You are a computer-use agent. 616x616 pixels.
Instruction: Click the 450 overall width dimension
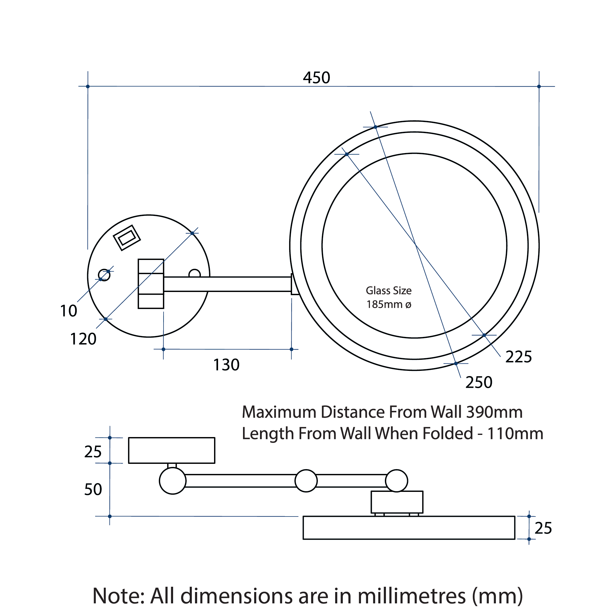coord(316,78)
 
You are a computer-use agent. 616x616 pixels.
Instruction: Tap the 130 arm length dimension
coord(226,365)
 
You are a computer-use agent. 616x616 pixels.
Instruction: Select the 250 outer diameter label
coord(479,382)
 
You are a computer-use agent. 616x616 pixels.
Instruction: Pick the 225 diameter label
coord(518,357)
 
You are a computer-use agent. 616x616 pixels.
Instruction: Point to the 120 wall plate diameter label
coord(83,339)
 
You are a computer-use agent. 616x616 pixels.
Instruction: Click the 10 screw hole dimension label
coord(69,311)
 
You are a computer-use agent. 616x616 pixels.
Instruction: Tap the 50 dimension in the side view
coord(93,489)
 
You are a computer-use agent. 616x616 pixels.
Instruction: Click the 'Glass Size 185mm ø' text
coord(389,298)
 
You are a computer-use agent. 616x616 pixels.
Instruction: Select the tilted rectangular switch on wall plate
coord(127,238)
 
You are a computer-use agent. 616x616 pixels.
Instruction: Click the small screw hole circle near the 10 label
coord(104,275)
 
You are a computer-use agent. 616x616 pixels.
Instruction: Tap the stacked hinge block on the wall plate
coord(151,284)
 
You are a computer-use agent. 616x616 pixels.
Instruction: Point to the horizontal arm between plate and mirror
coord(227,284)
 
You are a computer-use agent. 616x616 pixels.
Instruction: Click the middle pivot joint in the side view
coord(306,481)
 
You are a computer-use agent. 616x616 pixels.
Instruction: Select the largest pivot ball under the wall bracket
coord(172,481)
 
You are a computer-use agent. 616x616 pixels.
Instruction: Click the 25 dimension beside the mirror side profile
coord(543,528)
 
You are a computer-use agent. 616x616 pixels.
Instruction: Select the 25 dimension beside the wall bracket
coord(93,452)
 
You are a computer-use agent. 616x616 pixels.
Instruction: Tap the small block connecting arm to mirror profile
coord(397,502)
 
